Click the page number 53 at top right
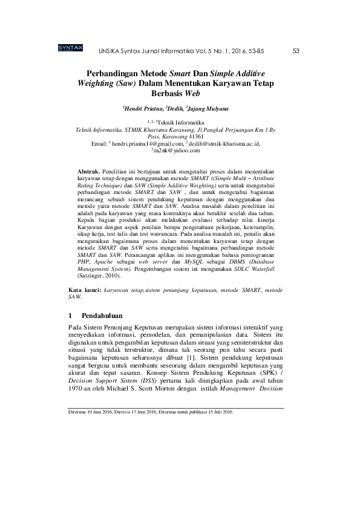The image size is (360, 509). [296, 51]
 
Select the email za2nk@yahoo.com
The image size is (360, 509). [181, 151]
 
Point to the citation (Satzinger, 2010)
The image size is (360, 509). [100, 276]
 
